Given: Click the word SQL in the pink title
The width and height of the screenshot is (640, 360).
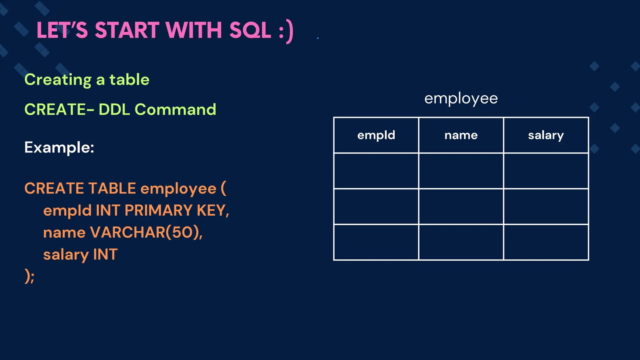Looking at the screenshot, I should coord(250,30).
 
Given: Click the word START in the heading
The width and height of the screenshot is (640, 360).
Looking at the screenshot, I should coord(127,30).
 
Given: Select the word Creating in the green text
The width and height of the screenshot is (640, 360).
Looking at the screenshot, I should coord(58,80).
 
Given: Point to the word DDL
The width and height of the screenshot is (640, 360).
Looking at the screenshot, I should coord(114,109).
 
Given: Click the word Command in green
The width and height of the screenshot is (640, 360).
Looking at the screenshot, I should coord(175,109).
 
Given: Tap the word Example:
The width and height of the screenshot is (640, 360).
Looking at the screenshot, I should coord(59,147).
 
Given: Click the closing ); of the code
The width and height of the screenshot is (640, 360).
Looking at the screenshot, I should coord(29,276).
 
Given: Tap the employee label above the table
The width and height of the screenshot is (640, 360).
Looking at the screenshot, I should coord(461,99).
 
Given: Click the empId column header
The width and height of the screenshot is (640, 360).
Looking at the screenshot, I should coord(376,135).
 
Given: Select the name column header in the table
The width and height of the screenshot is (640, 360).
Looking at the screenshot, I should coord(461,135).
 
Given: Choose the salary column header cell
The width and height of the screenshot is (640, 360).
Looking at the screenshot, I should coord(546,135).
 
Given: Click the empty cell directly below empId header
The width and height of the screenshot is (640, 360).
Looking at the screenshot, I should coord(376,171).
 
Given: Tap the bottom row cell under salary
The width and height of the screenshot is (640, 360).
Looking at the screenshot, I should coord(546,242).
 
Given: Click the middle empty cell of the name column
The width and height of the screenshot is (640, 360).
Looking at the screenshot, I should coord(461,206).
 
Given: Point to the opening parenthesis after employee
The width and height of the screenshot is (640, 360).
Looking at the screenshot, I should coord(223,188).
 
